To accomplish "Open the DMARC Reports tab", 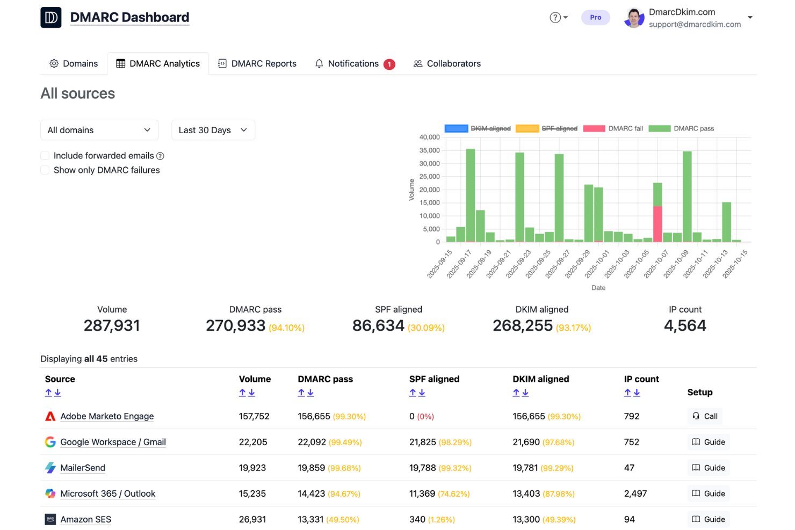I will pos(257,63).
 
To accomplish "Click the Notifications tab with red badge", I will pos(355,63).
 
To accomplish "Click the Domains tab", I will pos(74,63).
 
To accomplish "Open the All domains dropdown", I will pos(99,130).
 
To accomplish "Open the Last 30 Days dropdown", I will pos(213,130).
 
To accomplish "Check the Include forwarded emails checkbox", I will pos(45,156).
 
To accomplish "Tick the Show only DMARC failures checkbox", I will pos(45,170).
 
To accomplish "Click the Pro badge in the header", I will pos(595,17).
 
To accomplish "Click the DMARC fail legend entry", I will pos(613,128).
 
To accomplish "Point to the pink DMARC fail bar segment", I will pos(657,223).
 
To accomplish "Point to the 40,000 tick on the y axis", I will pos(429,137).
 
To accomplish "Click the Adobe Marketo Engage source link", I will pos(107,416).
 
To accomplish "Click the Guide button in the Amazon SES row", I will pos(708,519).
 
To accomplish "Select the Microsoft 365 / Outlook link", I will pos(107,493).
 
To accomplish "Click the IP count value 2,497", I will pos(635,493).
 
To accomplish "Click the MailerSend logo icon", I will pos(50,468).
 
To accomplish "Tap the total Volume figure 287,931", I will pos(112,325).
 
